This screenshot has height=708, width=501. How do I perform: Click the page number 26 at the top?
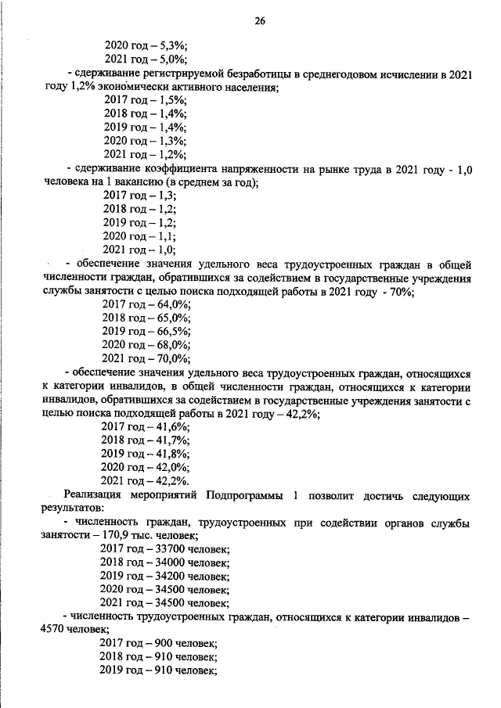pos(258,22)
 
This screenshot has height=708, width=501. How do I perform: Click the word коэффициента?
pos(175,169)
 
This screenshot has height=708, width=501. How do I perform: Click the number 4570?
pos(52,631)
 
